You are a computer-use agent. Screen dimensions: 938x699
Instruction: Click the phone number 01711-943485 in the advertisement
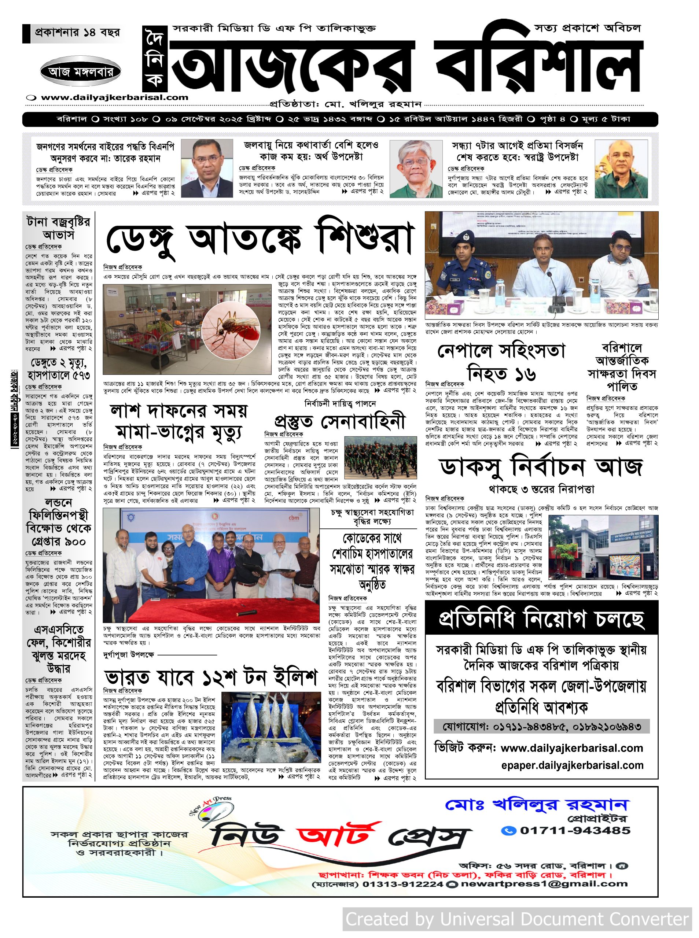tap(575, 830)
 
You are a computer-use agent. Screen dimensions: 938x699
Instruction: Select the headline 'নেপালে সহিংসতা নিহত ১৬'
tap(501, 362)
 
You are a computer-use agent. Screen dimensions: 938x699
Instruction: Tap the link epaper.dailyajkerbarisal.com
tap(572, 765)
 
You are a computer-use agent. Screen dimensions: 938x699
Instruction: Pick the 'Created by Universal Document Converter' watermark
tap(517, 919)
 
